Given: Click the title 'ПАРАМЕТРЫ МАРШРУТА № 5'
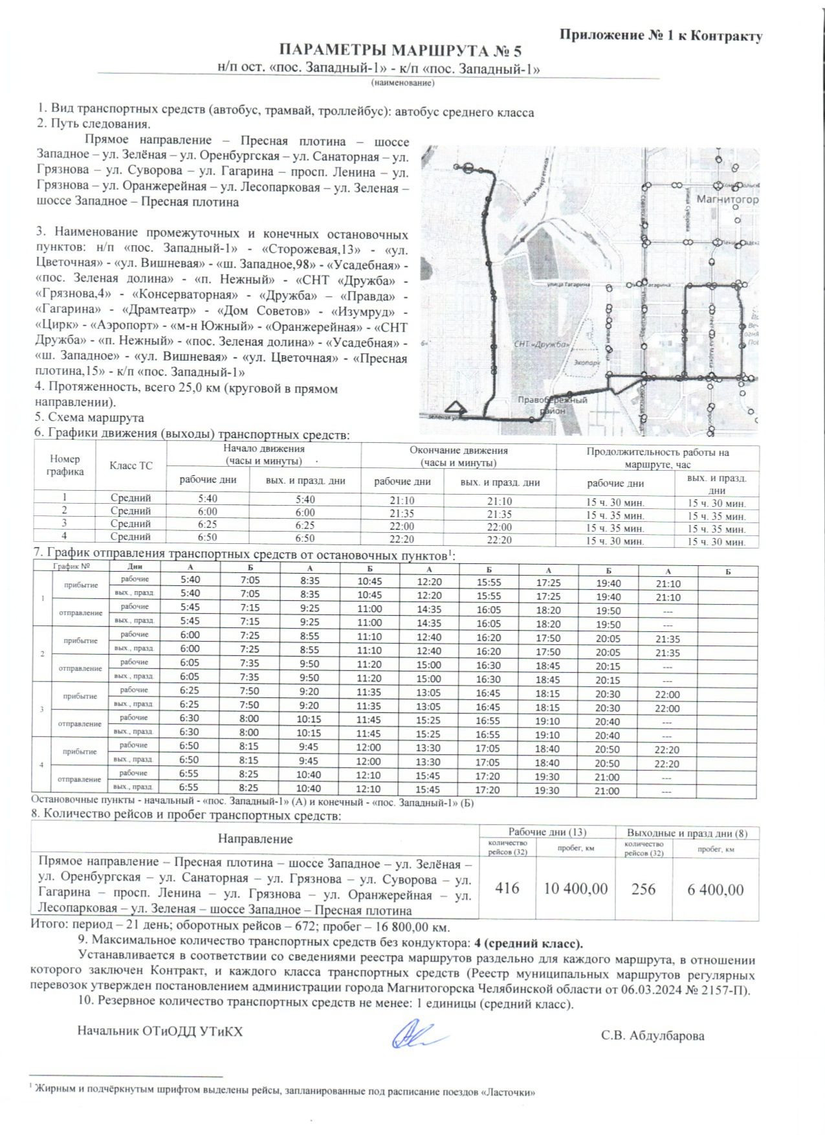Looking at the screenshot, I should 399,52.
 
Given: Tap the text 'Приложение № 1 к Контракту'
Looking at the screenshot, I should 660,36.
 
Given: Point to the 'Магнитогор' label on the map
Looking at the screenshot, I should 727,199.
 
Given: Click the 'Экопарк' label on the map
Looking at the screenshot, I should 588,363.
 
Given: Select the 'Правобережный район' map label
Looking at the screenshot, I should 553,405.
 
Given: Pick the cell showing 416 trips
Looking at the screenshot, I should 507,888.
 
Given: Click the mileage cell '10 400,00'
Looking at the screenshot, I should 575,888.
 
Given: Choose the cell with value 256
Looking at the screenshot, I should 643,888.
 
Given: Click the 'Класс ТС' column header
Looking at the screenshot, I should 131,466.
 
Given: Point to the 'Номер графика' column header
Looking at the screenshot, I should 65,465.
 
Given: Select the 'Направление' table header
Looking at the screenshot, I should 255,839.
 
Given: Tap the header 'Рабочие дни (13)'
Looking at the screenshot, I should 547,832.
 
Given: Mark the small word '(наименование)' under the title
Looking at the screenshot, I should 402,83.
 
